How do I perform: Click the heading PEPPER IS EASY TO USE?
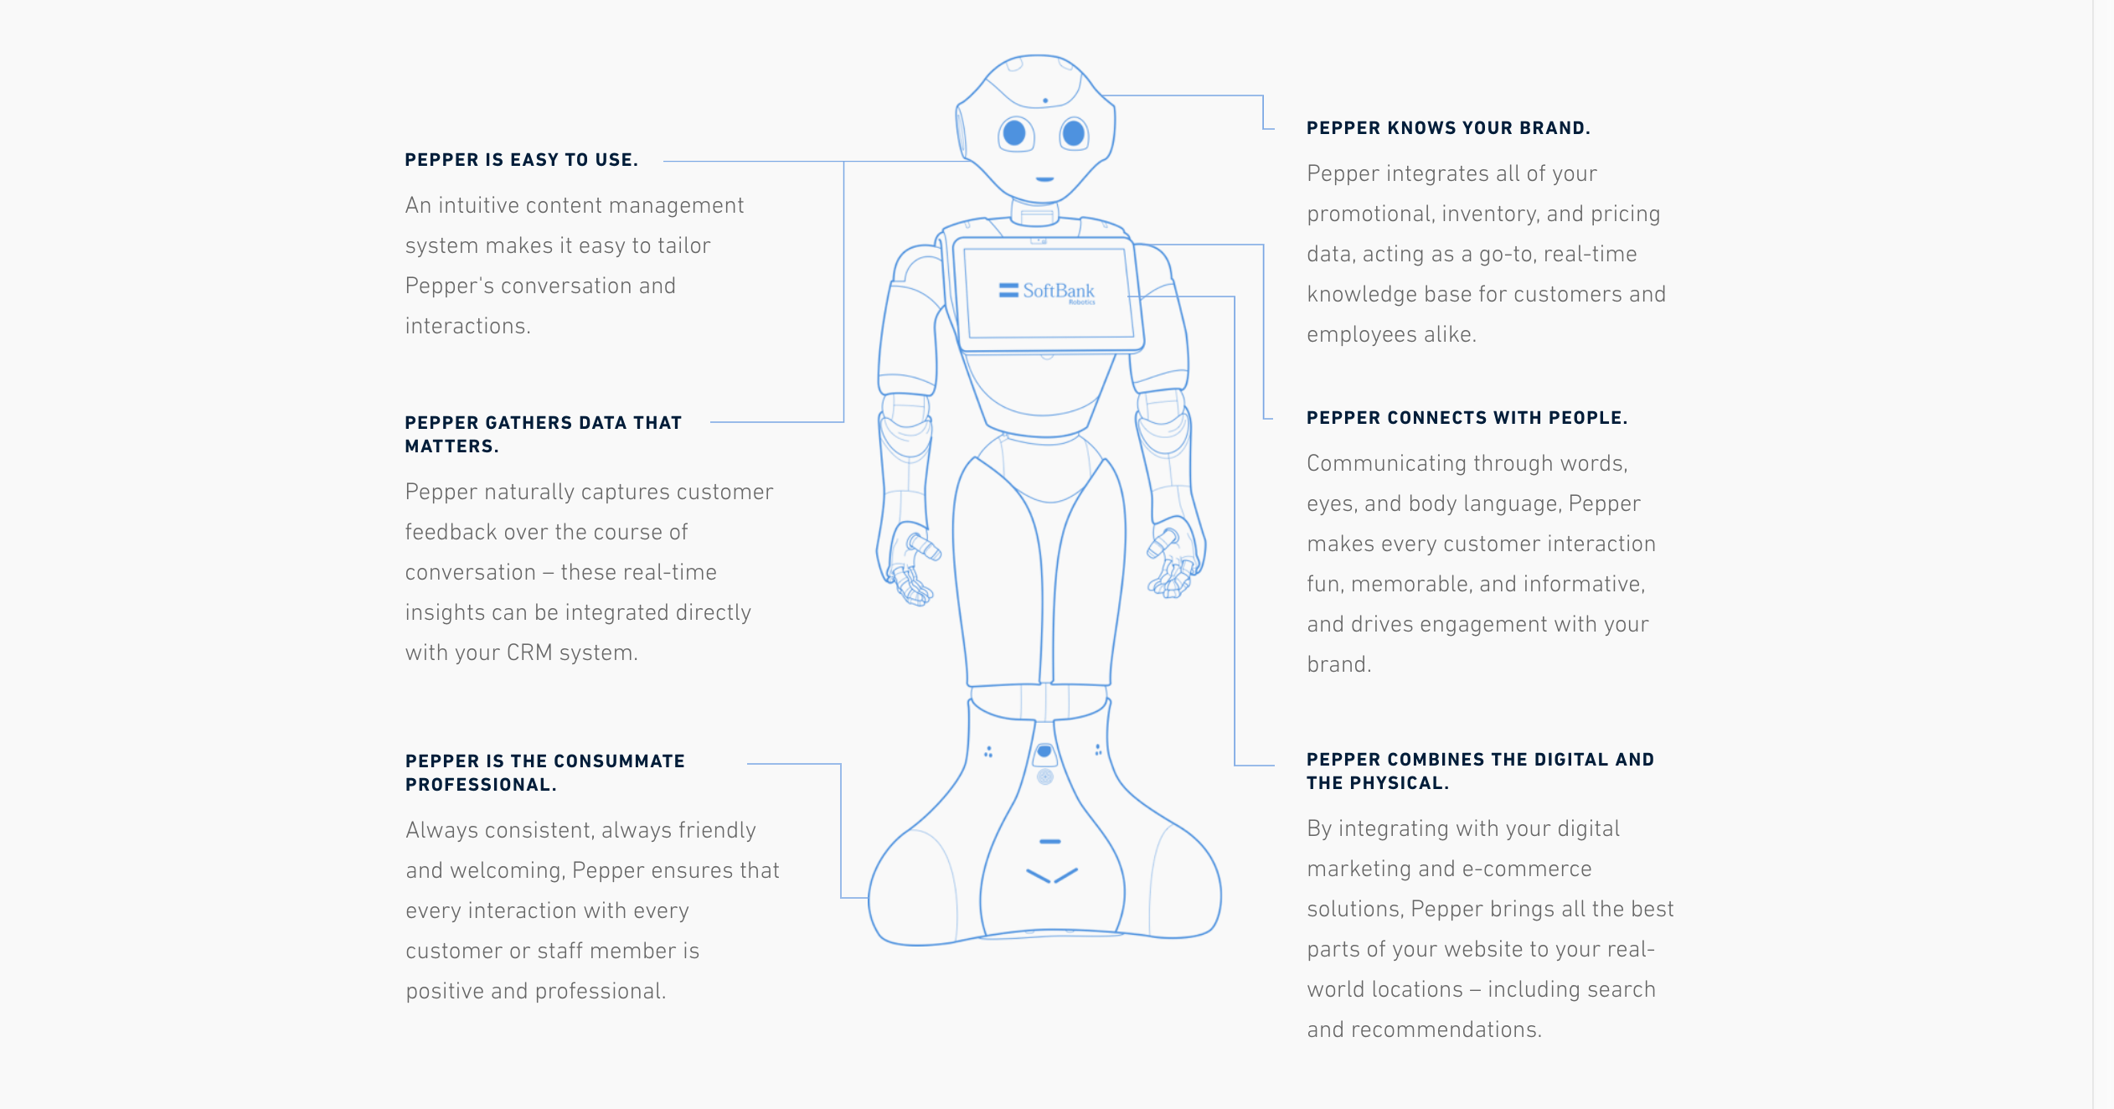coord(521,160)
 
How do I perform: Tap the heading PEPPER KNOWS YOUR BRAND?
coord(1448,128)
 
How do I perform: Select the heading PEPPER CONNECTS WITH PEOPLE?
coord(1467,418)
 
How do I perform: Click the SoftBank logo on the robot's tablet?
coord(1048,291)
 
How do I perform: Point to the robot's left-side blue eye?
coord(1014,132)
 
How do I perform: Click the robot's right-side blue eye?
coord(1073,132)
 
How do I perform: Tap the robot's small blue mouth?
coord(1044,178)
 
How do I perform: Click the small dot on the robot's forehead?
coord(1045,101)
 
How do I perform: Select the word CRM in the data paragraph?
coord(529,653)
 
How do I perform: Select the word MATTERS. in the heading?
coord(451,446)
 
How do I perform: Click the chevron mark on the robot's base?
coord(1052,875)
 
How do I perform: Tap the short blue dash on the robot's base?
coord(1049,841)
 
